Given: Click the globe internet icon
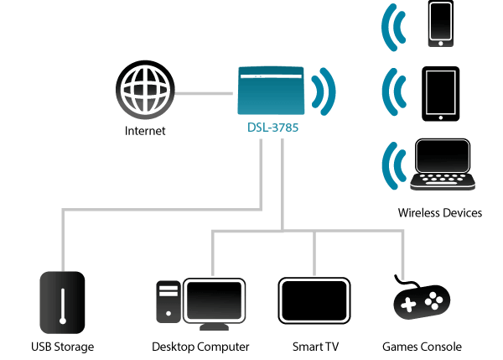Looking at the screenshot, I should point(146,90).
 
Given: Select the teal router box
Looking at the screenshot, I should point(271,90).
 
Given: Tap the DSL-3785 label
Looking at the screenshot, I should point(272,128).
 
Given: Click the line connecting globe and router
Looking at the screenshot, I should point(204,92).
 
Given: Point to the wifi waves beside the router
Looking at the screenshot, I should point(324,91).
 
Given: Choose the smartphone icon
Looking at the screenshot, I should point(440,23).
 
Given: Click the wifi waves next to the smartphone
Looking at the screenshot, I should point(393,27).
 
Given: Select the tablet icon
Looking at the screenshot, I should point(440,92).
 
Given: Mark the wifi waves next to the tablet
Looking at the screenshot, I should point(393,92).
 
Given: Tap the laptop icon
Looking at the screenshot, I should point(442,172).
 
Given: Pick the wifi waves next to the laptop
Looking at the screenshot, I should point(392,165).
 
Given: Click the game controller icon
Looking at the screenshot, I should point(422,303).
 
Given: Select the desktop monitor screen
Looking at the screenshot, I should point(215,299).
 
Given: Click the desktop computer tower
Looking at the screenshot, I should point(168,301).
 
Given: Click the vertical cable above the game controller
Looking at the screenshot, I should point(402,255).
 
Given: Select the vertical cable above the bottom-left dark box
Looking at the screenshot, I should point(63,239).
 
